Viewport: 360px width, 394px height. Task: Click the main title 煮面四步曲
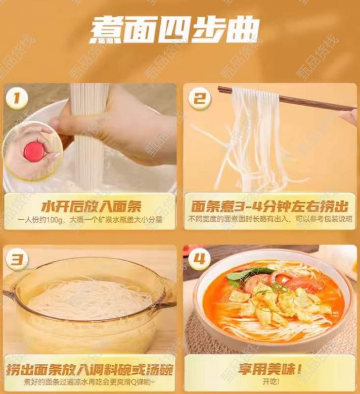174,31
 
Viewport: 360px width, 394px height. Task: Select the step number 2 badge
200,98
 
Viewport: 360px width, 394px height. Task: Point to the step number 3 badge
17,259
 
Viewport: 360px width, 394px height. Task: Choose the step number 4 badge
199,259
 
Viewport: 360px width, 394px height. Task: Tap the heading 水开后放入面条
91,207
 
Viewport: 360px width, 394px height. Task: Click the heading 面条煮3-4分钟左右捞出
269,207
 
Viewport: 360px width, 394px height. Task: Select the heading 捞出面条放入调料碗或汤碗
90,369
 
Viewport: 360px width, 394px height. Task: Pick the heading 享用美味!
270,369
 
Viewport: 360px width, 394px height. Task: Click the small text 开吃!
271,382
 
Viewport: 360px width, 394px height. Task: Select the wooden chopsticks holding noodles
287,99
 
